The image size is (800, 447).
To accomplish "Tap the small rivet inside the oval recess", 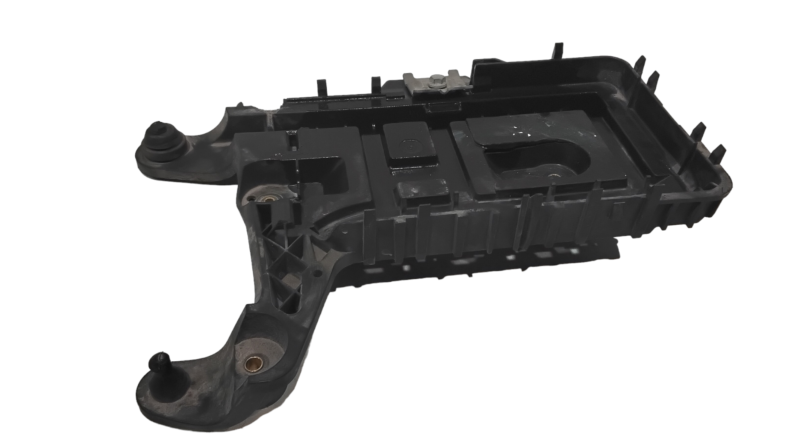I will click(553, 176).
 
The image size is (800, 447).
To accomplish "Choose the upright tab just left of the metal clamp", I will click(376, 83).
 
